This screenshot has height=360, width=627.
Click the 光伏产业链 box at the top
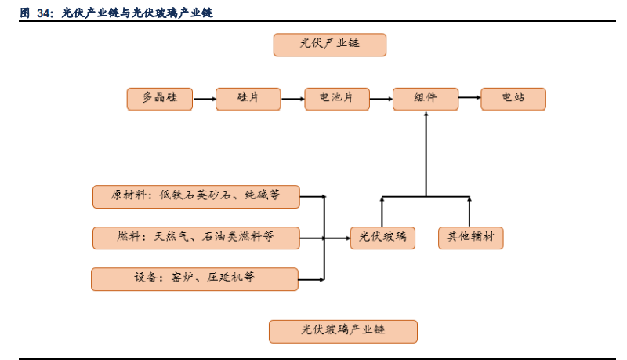pos(329,45)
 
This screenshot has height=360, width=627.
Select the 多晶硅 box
pos(159,99)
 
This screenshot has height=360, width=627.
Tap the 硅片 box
pos(248,99)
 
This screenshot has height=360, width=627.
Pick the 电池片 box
pos(336,99)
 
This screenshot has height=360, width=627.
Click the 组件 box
pos(425,99)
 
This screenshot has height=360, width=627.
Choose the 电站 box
pos(513,99)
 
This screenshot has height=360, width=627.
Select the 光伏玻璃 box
pos(382,238)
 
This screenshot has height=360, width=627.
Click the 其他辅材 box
pos(470,238)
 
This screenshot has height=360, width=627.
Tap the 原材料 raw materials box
pos(196,196)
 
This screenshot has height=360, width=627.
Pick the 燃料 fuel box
pos(196,238)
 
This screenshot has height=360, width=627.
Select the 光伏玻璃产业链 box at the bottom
pos(343,331)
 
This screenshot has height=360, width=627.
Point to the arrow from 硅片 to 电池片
pos(292,99)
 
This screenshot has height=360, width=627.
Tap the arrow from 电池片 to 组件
pos(381,99)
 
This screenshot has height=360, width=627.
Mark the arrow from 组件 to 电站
pos(469,99)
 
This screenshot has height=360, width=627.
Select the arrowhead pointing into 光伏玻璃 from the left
pos(346,238)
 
